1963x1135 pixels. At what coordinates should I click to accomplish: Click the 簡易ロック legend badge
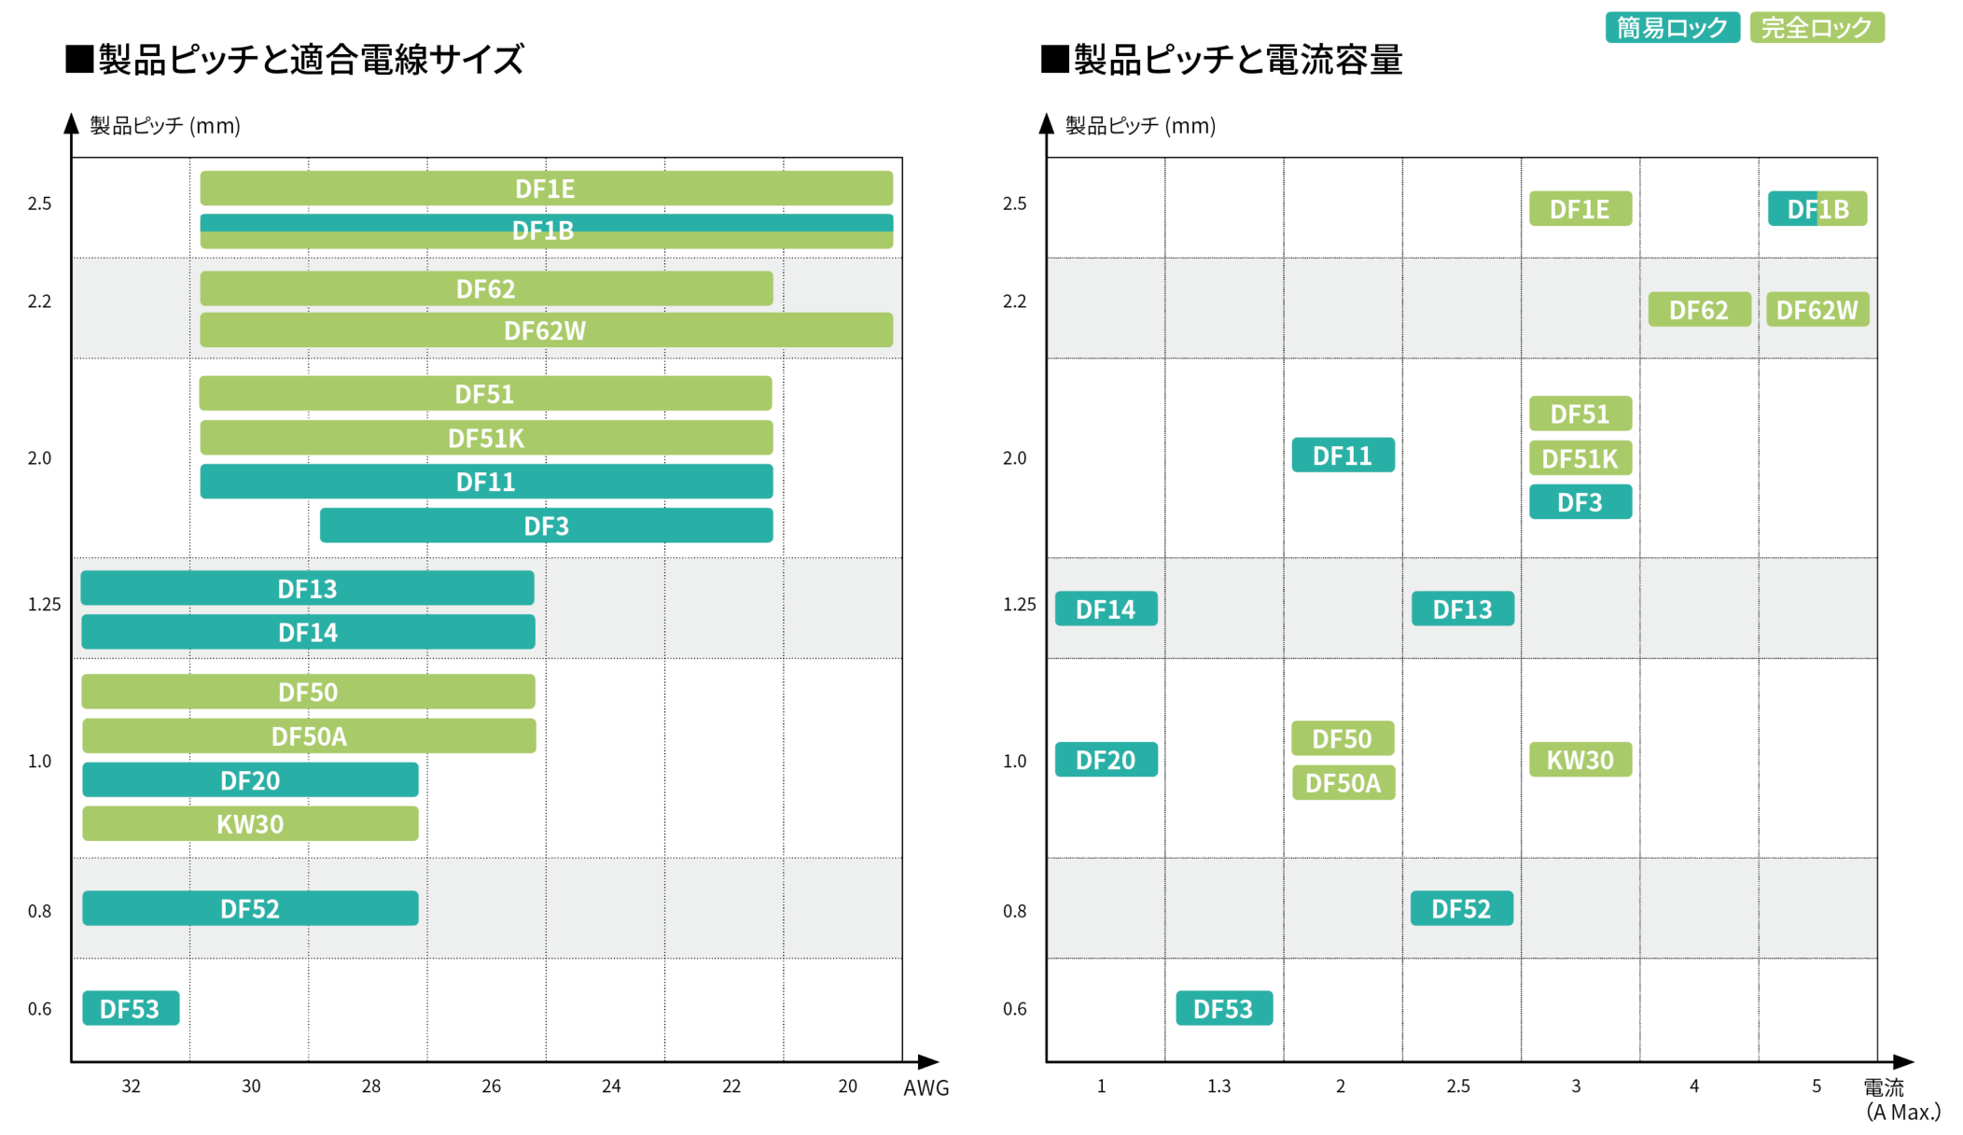click(x=1671, y=28)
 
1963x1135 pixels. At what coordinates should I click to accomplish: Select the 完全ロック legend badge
click(x=1816, y=28)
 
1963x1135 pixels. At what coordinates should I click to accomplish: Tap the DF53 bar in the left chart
click(x=131, y=1008)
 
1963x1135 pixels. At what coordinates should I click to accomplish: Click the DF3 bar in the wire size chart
click(x=546, y=525)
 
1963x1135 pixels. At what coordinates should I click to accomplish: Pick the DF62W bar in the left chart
click(x=546, y=330)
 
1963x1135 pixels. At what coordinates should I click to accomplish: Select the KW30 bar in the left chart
click(x=250, y=824)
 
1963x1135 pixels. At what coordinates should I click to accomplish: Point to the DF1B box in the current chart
click(x=1817, y=209)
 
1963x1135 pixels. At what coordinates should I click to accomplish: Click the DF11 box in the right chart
click(x=1343, y=455)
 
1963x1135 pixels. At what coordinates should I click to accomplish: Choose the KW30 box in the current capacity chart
click(x=1580, y=760)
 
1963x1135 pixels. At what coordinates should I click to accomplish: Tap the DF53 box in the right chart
click(x=1223, y=1008)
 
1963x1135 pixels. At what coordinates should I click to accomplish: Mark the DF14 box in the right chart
click(x=1106, y=609)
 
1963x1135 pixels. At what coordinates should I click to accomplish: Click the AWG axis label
click(x=926, y=1087)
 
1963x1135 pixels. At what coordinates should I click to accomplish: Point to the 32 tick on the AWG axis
click(x=132, y=1086)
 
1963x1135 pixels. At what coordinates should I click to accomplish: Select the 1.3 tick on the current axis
click(x=1218, y=1086)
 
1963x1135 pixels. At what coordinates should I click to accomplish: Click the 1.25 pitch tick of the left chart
click(x=44, y=605)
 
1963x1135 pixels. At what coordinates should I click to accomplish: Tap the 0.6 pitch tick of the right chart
click(x=1014, y=1009)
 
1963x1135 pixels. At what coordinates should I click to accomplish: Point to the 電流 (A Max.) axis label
click(x=1900, y=1100)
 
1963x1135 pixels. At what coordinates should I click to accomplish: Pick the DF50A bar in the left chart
click(x=309, y=736)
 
